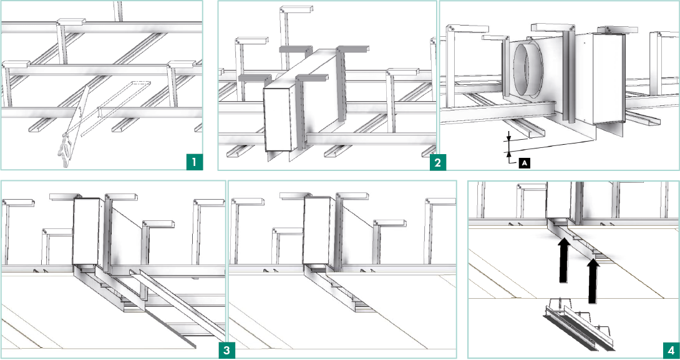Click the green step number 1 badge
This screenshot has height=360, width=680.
point(194,163)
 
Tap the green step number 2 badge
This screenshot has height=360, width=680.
point(437,163)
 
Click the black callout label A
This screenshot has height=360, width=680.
point(525,163)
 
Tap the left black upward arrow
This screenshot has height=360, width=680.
point(563,260)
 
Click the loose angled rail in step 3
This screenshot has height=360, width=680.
point(177,304)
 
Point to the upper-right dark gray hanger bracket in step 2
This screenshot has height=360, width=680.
point(352,50)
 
